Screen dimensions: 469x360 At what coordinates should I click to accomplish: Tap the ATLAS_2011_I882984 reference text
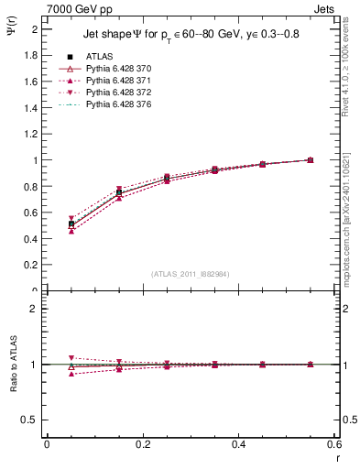pyautogui.click(x=191, y=274)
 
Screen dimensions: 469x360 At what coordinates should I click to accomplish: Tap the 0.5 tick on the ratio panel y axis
pyautogui.click(x=31, y=420)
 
